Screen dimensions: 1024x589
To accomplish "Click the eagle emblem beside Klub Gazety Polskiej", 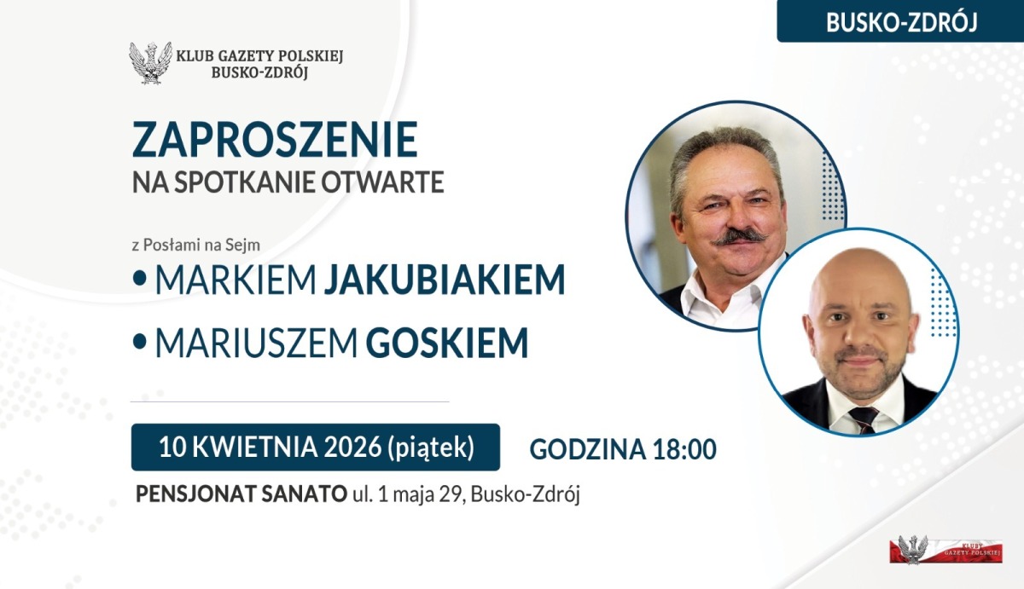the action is pyautogui.click(x=150, y=63).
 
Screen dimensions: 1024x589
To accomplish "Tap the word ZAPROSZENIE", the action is pyautogui.click(x=275, y=139).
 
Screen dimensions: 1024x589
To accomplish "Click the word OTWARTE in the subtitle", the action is pyautogui.click(x=382, y=182).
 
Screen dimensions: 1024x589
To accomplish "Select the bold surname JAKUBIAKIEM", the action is pyautogui.click(x=445, y=280).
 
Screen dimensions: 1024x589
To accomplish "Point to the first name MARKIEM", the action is pyautogui.click(x=236, y=280).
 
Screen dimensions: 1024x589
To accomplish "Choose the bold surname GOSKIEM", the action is pyautogui.click(x=447, y=343).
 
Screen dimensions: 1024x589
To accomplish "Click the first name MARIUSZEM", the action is pyautogui.click(x=257, y=343).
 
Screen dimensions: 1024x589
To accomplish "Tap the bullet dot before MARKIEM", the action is pyautogui.click(x=139, y=279).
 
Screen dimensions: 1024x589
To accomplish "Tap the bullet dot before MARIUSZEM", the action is pyautogui.click(x=139, y=342).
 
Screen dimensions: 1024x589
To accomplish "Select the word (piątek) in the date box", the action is pyautogui.click(x=431, y=448).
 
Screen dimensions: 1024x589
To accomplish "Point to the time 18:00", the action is pyautogui.click(x=684, y=449).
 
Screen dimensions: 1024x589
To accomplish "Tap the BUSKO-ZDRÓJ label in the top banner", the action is pyautogui.click(x=901, y=22).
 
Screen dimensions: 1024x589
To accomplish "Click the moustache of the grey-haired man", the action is pyautogui.click(x=741, y=236).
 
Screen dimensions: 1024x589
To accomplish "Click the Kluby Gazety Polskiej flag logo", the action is pyautogui.click(x=945, y=550).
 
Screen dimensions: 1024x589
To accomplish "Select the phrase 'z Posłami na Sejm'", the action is pyautogui.click(x=196, y=245).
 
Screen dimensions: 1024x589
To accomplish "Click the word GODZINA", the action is pyautogui.click(x=587, y=449).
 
